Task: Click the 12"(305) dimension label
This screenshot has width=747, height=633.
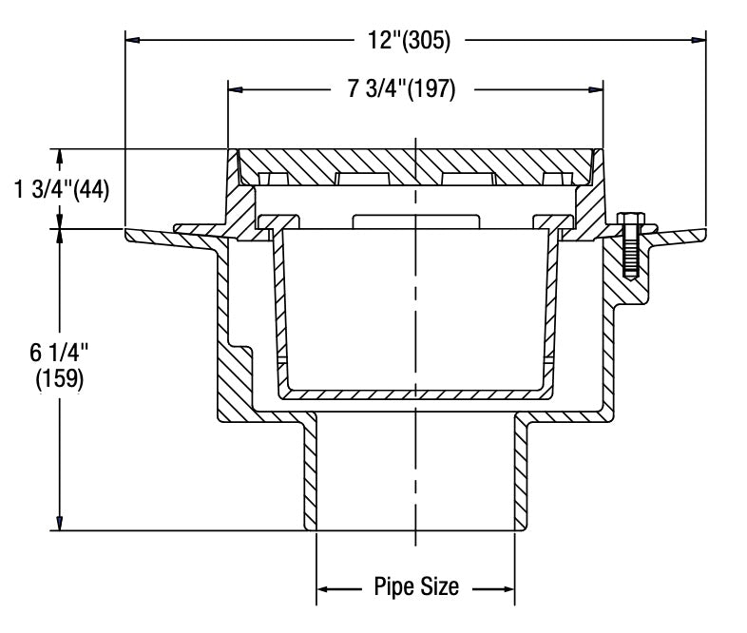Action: (x=410, y=40)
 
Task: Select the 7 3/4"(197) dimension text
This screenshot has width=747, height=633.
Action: (x=402, y=89)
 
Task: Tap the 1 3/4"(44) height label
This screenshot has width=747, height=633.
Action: (x=63, y=189)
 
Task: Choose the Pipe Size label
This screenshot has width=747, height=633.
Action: (x=415, y=586)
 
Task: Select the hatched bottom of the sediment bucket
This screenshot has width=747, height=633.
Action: (x=415, y=393)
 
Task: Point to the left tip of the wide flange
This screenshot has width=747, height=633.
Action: (x=128, y=230)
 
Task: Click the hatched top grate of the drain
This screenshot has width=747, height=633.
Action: (x=415, y=162)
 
